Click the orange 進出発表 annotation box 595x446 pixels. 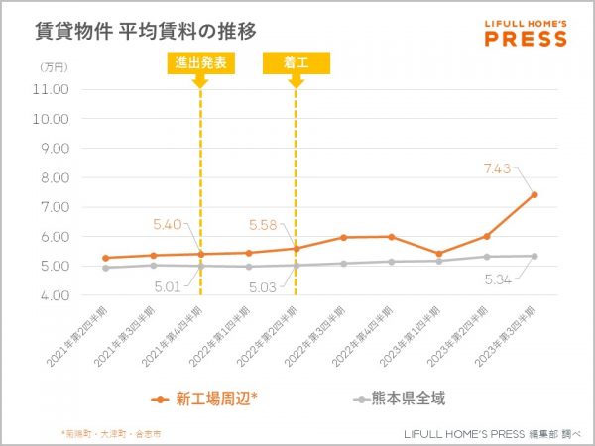[200, 62]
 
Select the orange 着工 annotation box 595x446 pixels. [296, 62]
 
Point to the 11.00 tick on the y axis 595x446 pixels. [51, 89]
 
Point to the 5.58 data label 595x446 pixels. [263, 225]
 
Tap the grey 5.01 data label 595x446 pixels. [168, 287]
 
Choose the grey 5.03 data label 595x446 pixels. [263, 287]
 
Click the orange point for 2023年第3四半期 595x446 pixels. [534, 194]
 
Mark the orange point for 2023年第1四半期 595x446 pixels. [438, 254]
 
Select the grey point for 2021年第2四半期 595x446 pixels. [105, 268]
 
